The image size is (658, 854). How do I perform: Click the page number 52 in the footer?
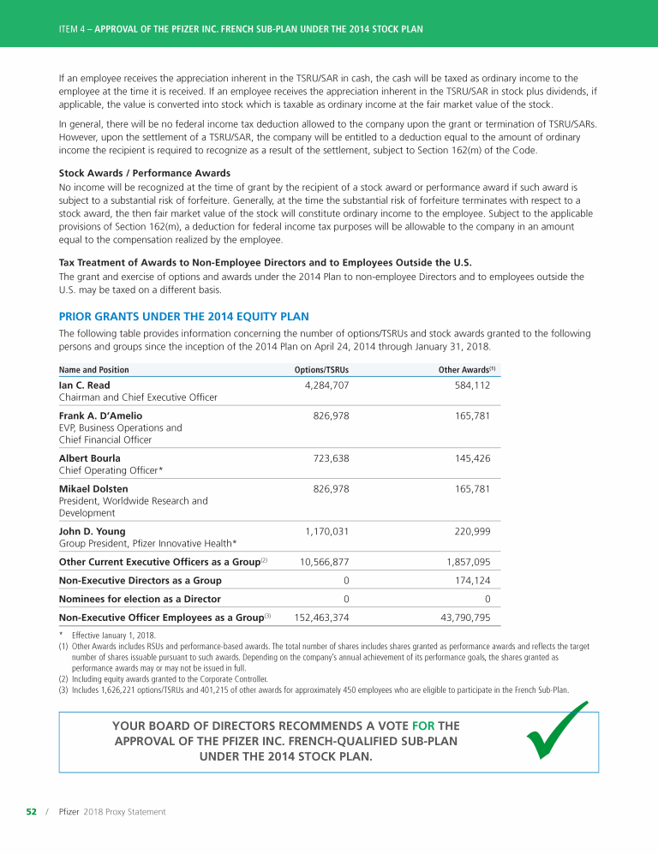31,811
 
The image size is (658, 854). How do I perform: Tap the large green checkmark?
558,732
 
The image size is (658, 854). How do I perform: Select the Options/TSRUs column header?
321,370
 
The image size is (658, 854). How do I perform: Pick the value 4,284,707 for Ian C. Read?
326,385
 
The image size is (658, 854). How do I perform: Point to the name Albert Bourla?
89,458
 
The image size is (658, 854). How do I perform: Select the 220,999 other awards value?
469,531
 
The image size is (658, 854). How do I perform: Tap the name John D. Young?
93,531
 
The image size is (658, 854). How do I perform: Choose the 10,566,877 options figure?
324,562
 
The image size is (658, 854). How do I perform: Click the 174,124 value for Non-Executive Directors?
470,581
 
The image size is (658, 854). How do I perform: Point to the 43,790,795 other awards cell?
463,617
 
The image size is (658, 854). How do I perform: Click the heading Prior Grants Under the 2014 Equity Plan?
183,317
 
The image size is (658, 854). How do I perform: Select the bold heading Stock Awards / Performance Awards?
144,173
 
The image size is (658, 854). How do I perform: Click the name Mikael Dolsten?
93,489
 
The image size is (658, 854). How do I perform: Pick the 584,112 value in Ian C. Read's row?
471,385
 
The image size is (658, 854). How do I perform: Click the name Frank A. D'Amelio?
100,415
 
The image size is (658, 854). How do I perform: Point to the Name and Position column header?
93,370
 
